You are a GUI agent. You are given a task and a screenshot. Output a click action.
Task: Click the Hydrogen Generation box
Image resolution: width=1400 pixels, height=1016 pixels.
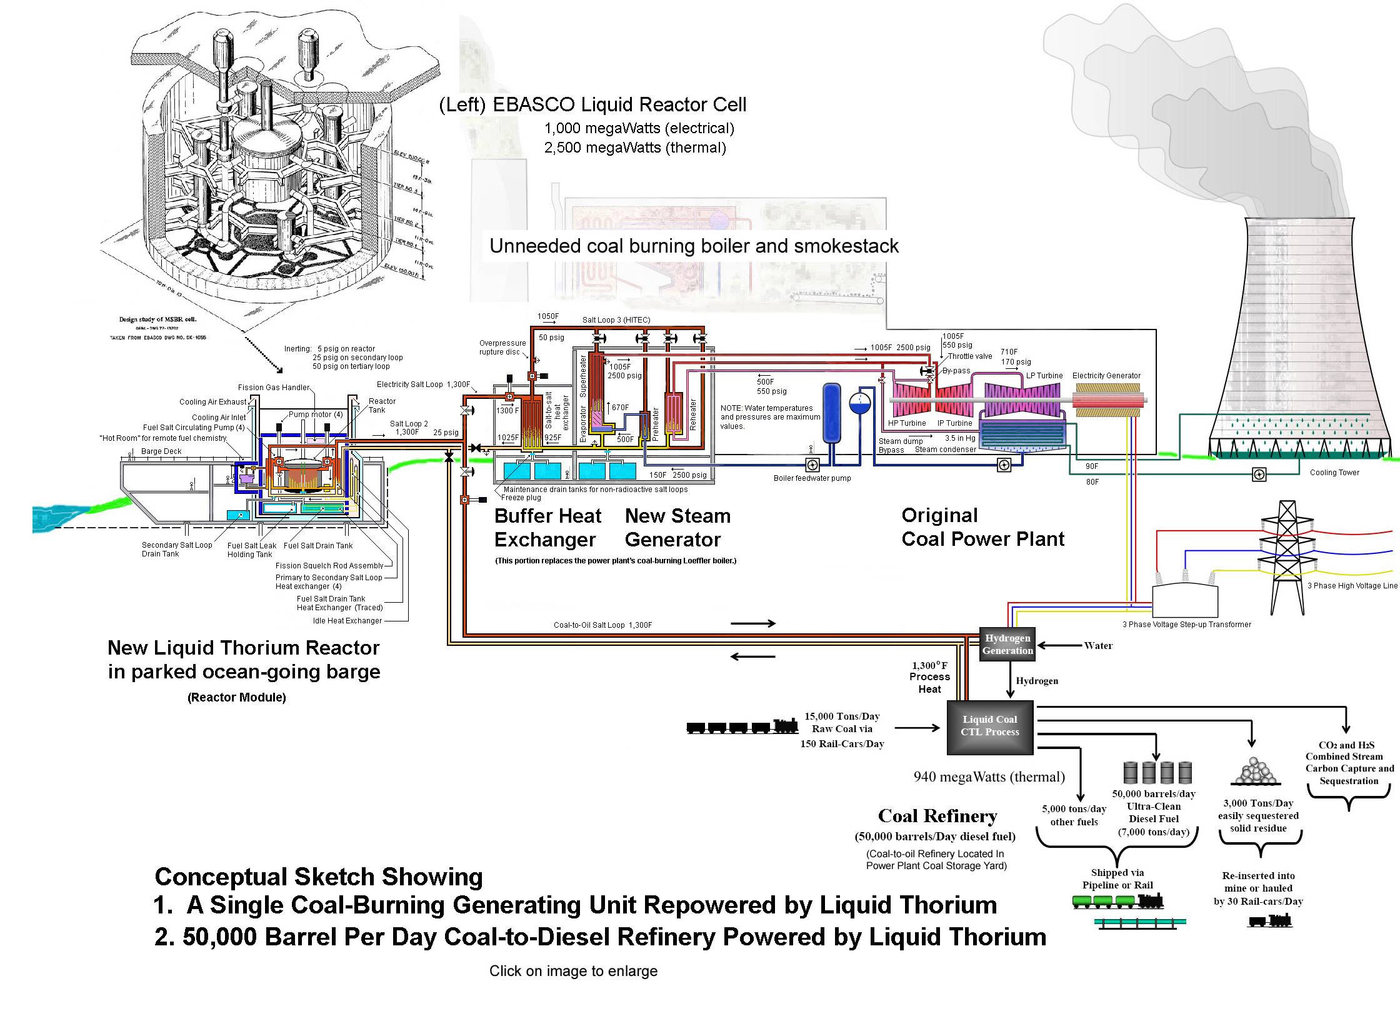[1007, 645]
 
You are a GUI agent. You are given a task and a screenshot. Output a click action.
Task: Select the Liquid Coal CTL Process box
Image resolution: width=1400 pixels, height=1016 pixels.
[990, 727]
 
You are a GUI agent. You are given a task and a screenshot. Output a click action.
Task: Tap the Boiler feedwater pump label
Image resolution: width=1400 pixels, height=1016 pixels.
[812, 478]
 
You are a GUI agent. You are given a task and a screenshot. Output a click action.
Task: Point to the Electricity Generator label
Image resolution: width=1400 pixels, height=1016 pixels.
[1106, 376]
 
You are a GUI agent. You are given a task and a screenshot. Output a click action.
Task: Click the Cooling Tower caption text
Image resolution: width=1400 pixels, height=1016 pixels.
[1334, 473]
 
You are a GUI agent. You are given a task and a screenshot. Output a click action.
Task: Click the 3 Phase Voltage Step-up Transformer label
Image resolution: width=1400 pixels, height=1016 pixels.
[1186, 625]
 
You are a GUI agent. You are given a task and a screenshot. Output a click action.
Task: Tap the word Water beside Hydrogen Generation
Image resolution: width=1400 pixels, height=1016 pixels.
[1098, 646]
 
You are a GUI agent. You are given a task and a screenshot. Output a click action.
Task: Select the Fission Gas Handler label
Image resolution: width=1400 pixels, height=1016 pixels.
[273, 388]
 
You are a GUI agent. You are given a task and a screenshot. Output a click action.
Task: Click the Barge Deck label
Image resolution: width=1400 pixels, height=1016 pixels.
[161, 451]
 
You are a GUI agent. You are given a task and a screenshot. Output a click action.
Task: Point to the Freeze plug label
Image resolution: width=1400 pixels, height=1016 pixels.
[521, 498]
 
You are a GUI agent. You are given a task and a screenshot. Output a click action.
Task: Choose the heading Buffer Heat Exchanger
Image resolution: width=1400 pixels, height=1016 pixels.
[547, 528]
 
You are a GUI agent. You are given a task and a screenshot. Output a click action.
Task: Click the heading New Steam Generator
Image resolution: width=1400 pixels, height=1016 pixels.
[677, 528]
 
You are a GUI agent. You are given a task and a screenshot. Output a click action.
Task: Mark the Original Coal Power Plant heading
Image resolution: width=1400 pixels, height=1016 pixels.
[982, 527]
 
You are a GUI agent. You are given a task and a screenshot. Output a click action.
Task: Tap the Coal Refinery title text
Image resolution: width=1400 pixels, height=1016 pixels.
[937, 816]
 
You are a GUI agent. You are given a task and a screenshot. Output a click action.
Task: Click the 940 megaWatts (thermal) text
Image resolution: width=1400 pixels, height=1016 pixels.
[989, 777]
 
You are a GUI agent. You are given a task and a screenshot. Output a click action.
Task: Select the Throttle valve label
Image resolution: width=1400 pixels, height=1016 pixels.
[969, 356]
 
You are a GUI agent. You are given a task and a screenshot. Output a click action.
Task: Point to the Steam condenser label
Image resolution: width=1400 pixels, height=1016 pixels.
[945, 450]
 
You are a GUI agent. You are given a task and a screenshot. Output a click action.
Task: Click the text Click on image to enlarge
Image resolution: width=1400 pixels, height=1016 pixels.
[573, 971]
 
